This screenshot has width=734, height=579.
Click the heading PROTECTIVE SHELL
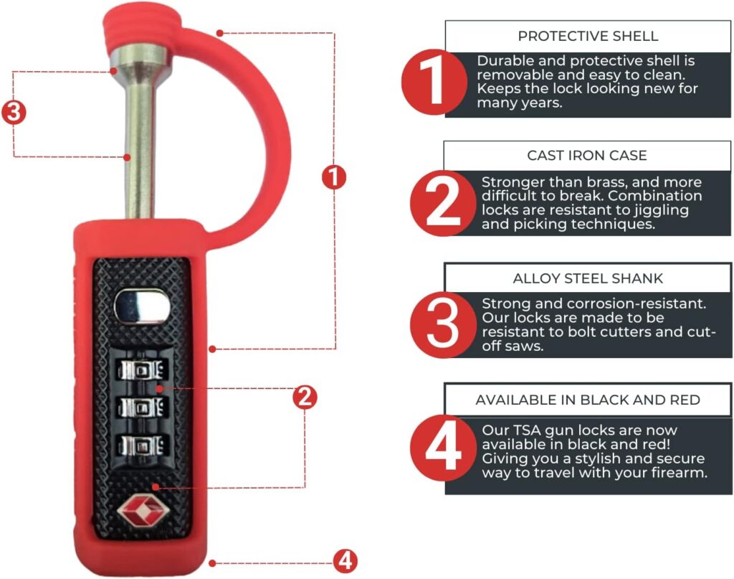[588, 36]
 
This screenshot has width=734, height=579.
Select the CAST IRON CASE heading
[587, 155]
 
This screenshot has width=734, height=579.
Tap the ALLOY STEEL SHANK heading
[588, 278]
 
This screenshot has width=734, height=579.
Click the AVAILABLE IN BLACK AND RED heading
[588, 400]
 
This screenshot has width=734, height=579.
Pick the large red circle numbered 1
[434, 82]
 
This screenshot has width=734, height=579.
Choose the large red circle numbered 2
[443, 203]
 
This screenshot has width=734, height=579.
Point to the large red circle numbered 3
[443, 324]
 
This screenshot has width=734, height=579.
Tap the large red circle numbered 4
[443, 448]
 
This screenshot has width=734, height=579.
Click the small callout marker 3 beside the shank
[14, 113]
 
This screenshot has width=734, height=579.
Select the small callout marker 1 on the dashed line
[334, 177]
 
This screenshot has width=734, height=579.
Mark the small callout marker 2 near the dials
[305, 397]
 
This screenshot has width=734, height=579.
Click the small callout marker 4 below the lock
[345, 561]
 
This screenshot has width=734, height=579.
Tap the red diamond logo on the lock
[141, 510]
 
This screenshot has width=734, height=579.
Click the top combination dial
[143, 370]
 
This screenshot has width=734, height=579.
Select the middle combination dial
[143, 407]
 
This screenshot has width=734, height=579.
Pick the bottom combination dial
[143, 445]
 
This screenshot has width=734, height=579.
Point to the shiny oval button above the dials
[143, 306]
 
